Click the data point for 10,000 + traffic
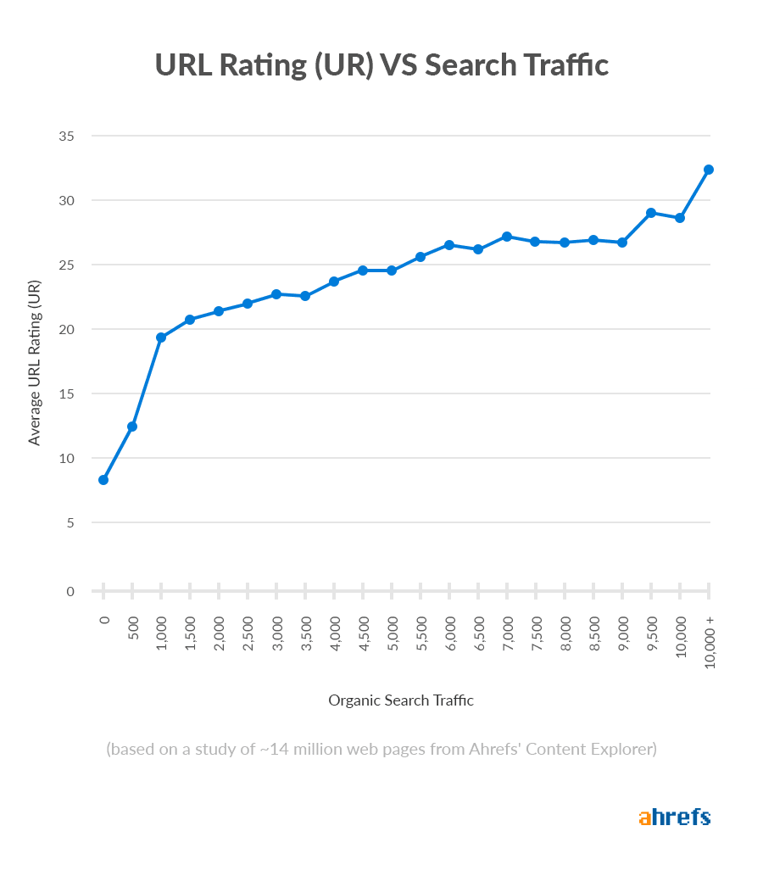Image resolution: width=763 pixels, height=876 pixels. point(709,170)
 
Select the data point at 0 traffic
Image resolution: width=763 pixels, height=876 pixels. point(103,480)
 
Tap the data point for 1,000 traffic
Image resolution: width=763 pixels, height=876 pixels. point(161,338)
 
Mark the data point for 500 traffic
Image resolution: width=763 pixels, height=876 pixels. point(132,427)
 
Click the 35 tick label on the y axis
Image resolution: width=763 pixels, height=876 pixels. point(66,136)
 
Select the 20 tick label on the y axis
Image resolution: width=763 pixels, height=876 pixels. point(66,329)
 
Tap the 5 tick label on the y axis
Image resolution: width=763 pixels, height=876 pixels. point(70,522)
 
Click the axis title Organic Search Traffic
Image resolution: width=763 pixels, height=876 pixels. point(401,700)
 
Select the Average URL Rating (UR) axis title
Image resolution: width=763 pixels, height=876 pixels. point(35,361)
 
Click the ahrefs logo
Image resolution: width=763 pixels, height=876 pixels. point(674,817)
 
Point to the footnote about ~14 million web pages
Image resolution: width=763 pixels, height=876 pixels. point(381,750)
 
